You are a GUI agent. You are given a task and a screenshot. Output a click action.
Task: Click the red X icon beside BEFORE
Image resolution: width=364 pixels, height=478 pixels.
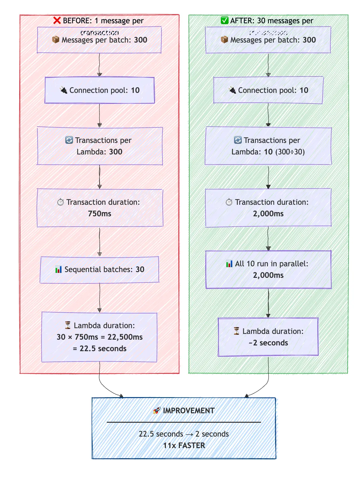[x=57, y=20]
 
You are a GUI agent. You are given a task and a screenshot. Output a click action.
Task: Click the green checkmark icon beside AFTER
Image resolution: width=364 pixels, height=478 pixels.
[x=224, y=20]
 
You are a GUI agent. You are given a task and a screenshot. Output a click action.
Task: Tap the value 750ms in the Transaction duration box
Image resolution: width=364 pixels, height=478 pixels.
[x=99, y=214]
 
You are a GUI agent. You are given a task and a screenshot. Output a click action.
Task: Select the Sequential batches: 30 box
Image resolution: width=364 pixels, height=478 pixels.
[x=99, y=269]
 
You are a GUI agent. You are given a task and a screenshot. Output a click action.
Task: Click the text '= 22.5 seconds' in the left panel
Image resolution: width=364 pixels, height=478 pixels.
[x=99, y=349]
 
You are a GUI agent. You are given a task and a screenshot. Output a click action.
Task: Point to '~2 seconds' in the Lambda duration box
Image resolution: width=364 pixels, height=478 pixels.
[x=268, y=343]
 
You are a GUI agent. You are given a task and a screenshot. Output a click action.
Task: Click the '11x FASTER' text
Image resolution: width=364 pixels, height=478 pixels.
[x=184, y=446]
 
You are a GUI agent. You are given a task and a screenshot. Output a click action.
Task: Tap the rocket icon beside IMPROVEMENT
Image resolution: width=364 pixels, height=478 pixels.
[x=157, y=410]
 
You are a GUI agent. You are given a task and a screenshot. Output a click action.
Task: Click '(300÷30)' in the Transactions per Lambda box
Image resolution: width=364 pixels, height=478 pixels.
[x=290, y=152]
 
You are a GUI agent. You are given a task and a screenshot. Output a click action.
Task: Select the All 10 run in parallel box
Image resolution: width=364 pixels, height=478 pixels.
[x=268, y=269]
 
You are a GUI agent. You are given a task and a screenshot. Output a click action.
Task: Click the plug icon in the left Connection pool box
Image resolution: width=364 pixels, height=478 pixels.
[x=64, y=90]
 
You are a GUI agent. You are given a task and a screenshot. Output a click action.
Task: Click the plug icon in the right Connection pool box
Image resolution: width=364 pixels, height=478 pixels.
[x=232, y=90]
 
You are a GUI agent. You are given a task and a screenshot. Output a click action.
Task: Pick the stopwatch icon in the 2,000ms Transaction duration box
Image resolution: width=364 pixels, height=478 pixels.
[x=229, y=202]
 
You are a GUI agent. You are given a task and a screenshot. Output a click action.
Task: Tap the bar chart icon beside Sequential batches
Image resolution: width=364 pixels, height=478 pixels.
[x=58, y=269]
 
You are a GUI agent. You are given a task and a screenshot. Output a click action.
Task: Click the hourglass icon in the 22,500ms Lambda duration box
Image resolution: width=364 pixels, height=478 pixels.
[x=68, y=325]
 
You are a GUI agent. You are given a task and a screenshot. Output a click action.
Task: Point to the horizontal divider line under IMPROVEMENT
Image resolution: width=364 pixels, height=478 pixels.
[x=184, y=422]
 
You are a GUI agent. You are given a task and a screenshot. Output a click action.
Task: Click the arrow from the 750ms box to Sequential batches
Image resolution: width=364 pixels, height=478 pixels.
[x=99, y=242]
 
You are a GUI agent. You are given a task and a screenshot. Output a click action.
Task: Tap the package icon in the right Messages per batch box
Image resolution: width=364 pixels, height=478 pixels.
[x=224, y=40]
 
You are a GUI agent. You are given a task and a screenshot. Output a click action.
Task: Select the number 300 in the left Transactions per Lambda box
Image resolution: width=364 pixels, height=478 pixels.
[x=116, y=152]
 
